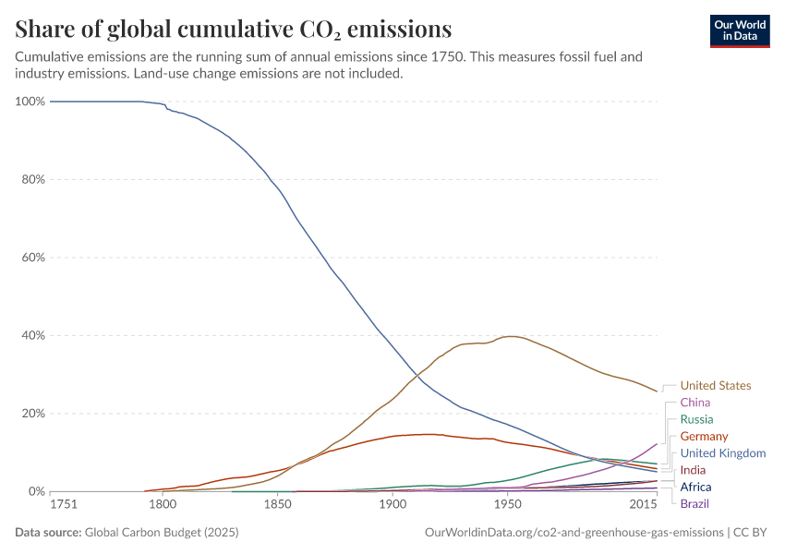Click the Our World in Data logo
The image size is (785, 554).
[x=739, y=30]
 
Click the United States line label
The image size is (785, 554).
[x=715, y=386]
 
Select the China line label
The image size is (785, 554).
[x=694, y=403]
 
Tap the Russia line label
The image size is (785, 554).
[x=696, y=419]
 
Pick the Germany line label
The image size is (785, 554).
[x=704, y=436]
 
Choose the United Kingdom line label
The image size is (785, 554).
[x=723, y=453]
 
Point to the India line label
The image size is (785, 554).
[x=693, y=470]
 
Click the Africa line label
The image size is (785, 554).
[x=695, y=487]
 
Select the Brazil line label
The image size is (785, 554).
[x=694, y=503]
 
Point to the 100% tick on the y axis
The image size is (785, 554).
[x=30, y=102]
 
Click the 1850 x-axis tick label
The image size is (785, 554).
[x=278, y=505]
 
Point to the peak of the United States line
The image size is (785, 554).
[x=510, y=336]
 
